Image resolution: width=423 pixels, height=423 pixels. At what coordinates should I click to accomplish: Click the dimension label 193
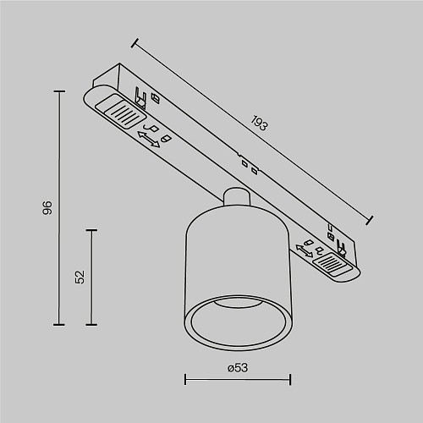[259, 124]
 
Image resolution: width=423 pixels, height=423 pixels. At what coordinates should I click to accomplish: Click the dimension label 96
[47, 207]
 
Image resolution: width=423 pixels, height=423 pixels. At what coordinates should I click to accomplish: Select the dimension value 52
[80, 277]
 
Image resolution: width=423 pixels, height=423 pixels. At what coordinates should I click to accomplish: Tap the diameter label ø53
[238, 368]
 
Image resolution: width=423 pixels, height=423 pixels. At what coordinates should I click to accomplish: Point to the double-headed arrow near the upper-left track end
[149, 140]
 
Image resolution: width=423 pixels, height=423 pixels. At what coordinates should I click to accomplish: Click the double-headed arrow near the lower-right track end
[305, 250]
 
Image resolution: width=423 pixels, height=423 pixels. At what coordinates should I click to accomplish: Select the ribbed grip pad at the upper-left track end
[120, 111]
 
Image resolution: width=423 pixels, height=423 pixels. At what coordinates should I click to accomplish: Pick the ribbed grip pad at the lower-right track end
[332, 264]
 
